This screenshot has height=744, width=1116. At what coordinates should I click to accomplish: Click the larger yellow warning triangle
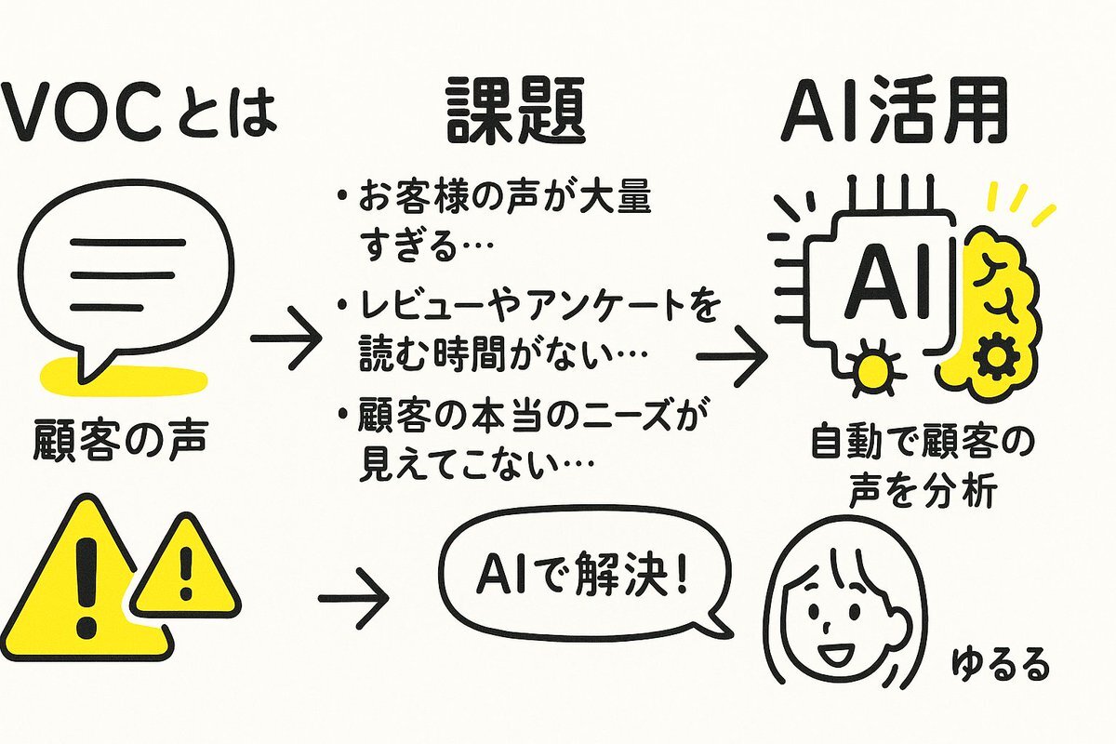pyautogui.click(x=84, y=577)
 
